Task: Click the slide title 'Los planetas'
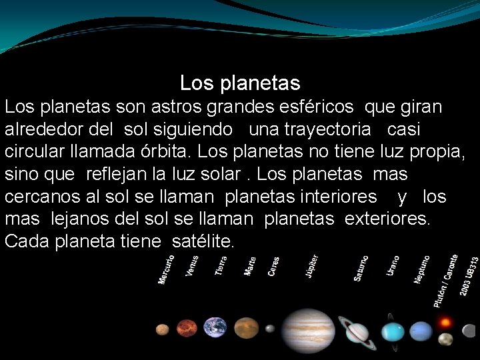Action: (x=240, y=83)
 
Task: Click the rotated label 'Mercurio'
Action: (x=167, y=268)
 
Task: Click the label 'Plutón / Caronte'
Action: (x=445, y=280)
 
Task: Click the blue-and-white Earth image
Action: (x=215, y=327)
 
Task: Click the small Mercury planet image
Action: (x=162, y=329)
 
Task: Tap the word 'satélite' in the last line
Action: (x=202, y=240)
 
